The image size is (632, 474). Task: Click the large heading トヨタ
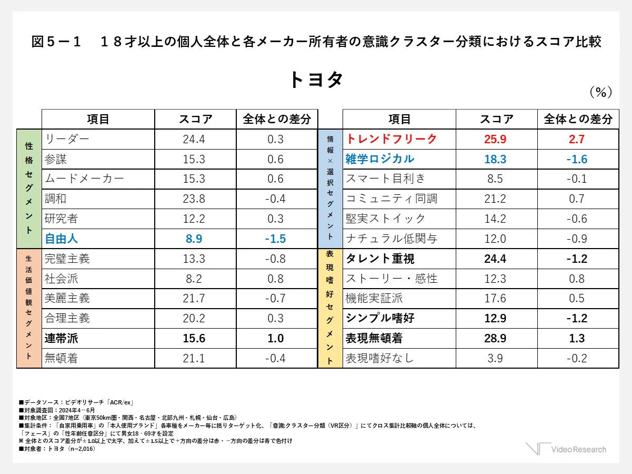[x=316, y=80]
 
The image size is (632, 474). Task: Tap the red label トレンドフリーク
[x=392, y=139]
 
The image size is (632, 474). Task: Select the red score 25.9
[x=495, y=139]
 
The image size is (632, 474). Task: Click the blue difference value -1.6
[x=577, y=159]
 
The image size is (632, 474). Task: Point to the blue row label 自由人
[x=62, y=239]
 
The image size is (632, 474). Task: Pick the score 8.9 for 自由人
[x=194, y=239]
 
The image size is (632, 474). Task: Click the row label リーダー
[x=67, y=139]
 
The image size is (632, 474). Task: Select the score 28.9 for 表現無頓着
[x=495, y=338]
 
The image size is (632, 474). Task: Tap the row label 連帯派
[x=62, y=338]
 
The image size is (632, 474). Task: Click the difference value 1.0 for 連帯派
[x=276, y=338]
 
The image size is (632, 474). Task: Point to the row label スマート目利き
[x=385, y=179]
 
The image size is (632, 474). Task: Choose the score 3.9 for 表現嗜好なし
[x=495, y=358]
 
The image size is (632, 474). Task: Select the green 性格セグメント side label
[x=29, y=189]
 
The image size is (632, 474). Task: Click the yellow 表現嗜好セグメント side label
[x=330, y=308]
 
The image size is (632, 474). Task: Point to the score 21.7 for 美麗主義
[x=194, y=298]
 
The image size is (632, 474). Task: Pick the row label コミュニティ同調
[x=392, y=199]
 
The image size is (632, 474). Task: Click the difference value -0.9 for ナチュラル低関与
[x=577, y=239]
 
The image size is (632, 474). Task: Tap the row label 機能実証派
[x=374, y=298]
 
